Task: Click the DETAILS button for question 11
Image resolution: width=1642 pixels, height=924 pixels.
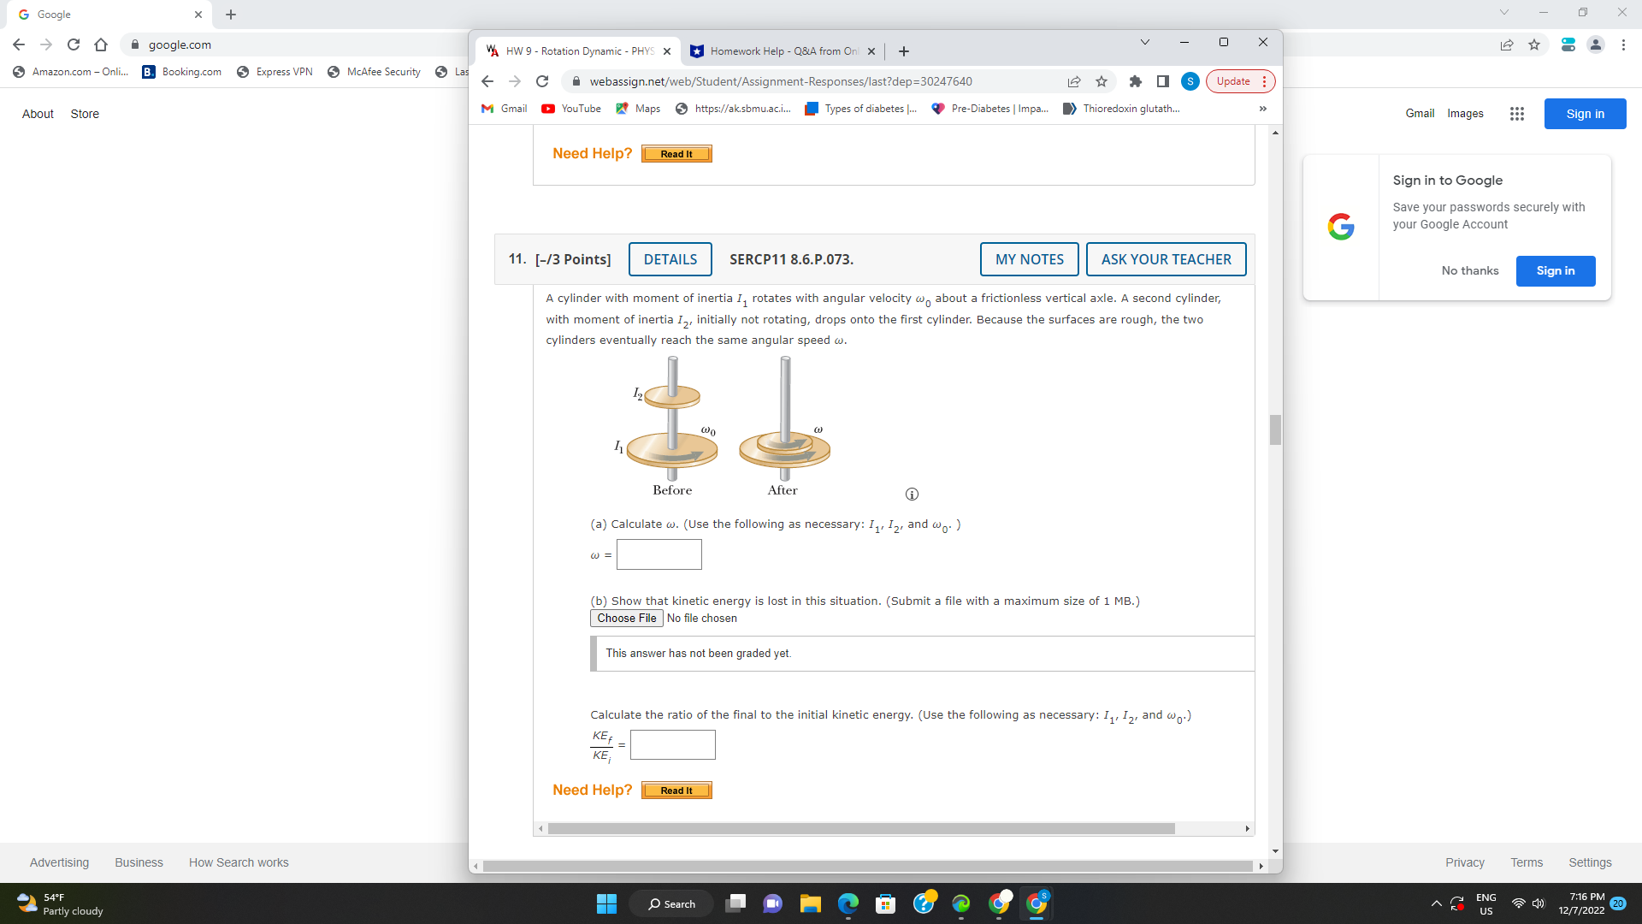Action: (670, 259)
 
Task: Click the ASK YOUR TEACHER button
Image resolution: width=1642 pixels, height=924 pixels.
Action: (1166, 259)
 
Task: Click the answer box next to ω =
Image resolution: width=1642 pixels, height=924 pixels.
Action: (659, 554)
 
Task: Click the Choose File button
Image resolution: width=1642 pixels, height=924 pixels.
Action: (626, 619)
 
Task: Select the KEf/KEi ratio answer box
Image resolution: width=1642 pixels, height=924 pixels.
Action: (672, 745)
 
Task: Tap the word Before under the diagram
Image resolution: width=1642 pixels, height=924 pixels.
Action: (672, 490)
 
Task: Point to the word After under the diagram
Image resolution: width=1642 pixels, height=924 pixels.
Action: (783, 490)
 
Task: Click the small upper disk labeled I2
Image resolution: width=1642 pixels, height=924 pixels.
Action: (672, 396)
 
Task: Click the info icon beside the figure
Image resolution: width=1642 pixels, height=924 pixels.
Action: (912, 495)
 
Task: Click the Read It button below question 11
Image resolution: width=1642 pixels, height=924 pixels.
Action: (676, 791)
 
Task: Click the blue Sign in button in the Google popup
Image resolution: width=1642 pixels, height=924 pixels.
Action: (1555, 271)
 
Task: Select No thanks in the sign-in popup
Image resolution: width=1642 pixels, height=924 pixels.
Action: (1469, 271)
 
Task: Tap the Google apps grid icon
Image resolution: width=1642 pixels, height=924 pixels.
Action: (1516, 114)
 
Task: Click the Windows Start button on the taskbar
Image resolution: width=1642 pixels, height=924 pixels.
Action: (606, 903)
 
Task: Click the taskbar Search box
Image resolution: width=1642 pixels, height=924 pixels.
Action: (671, 903)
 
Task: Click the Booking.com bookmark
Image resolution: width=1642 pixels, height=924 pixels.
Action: (182, 72)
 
